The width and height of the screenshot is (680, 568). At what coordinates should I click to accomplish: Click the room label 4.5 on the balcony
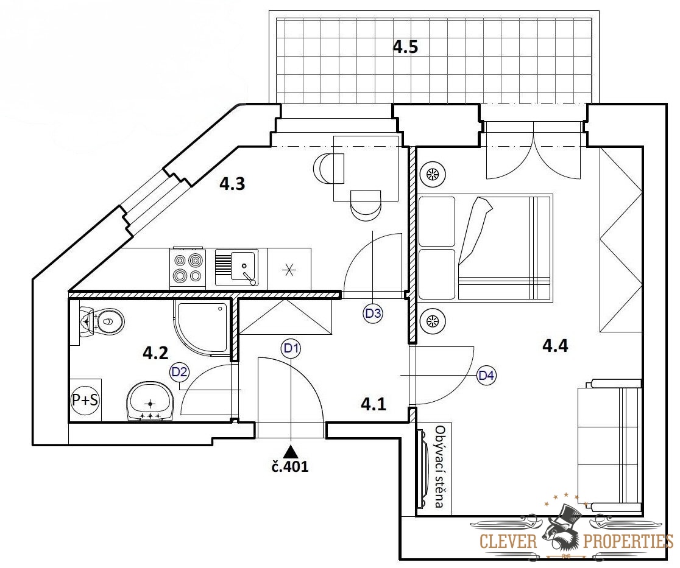pos(405,46)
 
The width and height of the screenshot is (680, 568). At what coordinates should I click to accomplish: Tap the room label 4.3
pos(232,184)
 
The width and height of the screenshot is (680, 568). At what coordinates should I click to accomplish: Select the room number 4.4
pos(555,346)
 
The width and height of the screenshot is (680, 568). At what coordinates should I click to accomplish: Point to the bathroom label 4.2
pos(155,353)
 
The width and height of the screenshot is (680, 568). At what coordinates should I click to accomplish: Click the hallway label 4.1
pos(374,404)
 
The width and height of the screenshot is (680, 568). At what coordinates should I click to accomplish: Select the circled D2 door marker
pos(180,371)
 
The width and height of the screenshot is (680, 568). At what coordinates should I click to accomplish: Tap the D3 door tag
pos(373,312)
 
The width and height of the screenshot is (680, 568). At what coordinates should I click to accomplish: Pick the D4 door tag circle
pos(486,375)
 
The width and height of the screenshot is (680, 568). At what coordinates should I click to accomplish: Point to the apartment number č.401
pos(291,466)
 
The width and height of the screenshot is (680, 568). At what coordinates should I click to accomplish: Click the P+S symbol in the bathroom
pos(85,400)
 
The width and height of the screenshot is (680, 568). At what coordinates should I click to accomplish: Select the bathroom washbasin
pos(150,401)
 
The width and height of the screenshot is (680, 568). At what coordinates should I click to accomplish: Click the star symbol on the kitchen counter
pos(289,270)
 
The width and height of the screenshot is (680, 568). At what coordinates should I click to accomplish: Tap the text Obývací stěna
pos(440,466)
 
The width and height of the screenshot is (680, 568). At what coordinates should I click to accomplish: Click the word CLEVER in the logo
pos(508,541)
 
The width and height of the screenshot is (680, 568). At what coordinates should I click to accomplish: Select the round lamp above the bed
pos(433,174)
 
